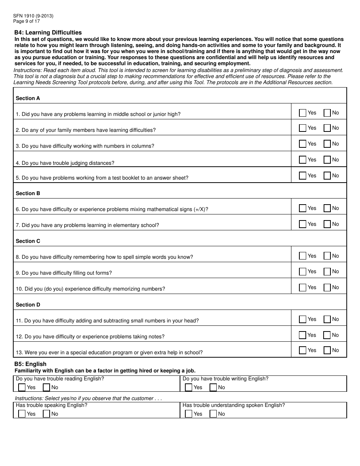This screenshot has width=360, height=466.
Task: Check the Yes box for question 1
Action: (302, 113)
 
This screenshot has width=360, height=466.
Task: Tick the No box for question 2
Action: (327, 128)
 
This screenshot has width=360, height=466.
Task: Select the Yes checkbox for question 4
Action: (302, 160)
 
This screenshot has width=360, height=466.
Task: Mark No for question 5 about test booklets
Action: (327, 176)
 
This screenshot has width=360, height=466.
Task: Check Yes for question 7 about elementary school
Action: (302, 224)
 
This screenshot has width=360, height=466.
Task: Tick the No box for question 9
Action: (327, 272)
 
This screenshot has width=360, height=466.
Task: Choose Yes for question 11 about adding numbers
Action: (302, 319)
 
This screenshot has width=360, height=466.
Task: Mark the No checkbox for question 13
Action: (327, 350)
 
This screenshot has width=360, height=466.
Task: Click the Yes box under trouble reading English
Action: (22, 387)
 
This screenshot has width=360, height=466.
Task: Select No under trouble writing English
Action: (213, 387)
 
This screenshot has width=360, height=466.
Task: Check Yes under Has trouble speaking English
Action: (22, 414)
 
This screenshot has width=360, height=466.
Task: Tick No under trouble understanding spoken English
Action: (213, 414)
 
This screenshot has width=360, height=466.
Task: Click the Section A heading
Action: (28, 98)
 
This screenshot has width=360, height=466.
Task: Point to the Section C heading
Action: (28, 241)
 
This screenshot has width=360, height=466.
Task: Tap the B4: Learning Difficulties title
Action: (48, 33)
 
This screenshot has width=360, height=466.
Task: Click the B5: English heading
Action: (30, 364)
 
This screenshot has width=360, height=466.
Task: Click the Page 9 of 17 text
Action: (26, 21)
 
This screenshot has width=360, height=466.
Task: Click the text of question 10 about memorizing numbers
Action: (90, 289)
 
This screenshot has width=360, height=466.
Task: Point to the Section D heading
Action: (28, 305)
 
